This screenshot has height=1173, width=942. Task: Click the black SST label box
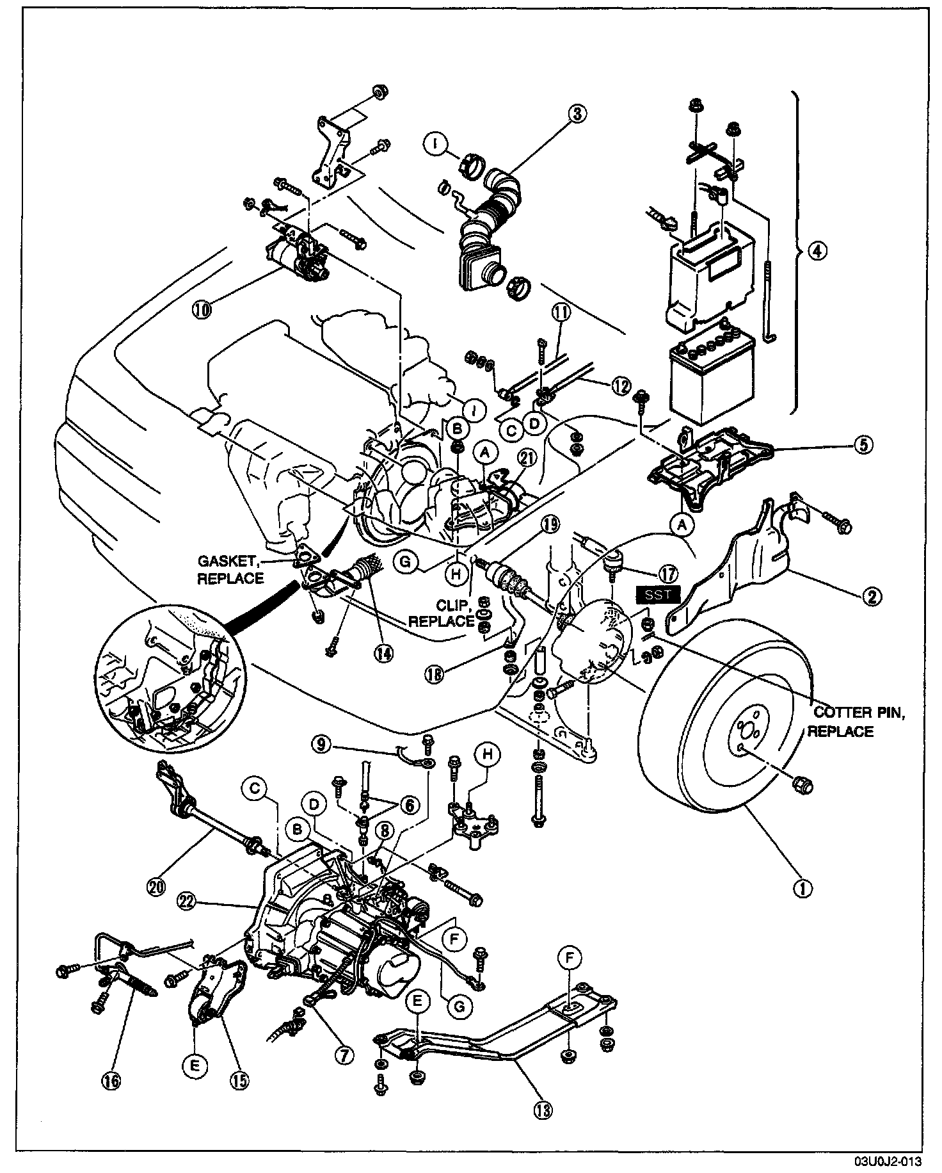click(x=658, y=594)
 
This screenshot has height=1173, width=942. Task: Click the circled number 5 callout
click(x=863, y=445)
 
